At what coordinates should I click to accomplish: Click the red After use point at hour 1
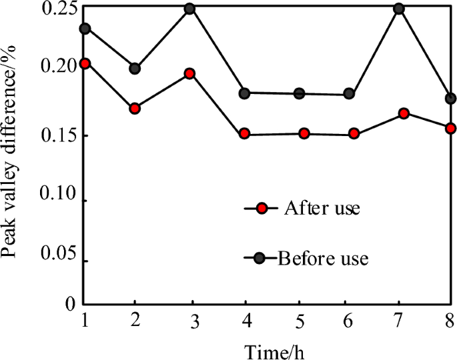click(x=84, y=63)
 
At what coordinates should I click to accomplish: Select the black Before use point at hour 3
click(x=189, y=9)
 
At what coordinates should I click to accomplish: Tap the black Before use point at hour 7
click(x=399, y=9)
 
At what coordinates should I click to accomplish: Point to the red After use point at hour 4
click(x=244, y=134)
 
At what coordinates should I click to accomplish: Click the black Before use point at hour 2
click(x=135, y=68)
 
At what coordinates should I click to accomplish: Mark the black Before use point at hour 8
click(x=450, y=99)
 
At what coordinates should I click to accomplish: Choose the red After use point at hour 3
click(x=189, y=73)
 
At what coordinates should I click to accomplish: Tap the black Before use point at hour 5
click(x=300, y=93)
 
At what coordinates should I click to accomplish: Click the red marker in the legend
click(x=262, y=209)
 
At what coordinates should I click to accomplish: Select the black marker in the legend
click(x=262, y=257)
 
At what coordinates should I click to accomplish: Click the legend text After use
click(x=322, y=208)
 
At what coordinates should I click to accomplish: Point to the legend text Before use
click(x=323, y=257)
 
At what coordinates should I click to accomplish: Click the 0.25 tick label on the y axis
click(x=57, y=10)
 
